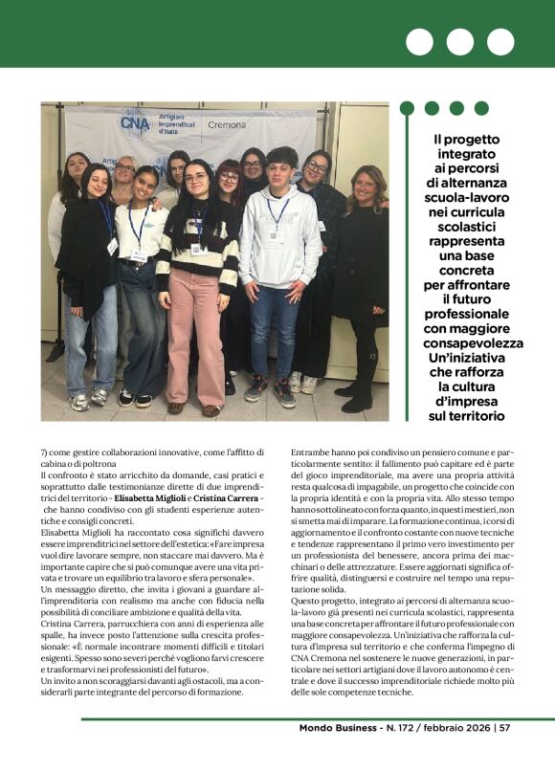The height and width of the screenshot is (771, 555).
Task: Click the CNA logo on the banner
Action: pos(135,123)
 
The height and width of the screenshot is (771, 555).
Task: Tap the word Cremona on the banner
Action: pos(227,125)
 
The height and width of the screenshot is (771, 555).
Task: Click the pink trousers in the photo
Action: pos(195,339)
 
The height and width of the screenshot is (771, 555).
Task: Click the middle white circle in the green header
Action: pos(460,42)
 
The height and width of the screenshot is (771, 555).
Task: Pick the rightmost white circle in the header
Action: pos(500,42)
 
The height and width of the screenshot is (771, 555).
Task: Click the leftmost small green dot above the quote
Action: pos(407,108)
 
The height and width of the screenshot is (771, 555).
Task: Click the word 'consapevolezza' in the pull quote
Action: pos(473,342)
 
